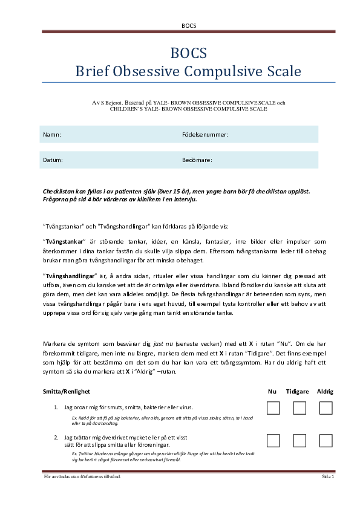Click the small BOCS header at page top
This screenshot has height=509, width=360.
[189, 25]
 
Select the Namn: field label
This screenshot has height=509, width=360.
[52, 134]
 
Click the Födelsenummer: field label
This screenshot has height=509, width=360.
[205, 134]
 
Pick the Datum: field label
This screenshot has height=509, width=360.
[53, 160]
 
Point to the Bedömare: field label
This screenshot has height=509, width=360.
[197, 160]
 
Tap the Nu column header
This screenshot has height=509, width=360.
[272, 391]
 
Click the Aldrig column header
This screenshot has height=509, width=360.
[325, 391]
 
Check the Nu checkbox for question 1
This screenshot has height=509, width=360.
[273, 408]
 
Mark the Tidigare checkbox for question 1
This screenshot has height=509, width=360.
[299, 408]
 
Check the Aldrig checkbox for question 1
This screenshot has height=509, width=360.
[326, 408]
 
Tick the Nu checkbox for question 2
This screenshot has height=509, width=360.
[273, 440]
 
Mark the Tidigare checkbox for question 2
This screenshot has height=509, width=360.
[299, 440]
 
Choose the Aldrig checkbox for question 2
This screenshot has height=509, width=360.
[326, 440]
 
